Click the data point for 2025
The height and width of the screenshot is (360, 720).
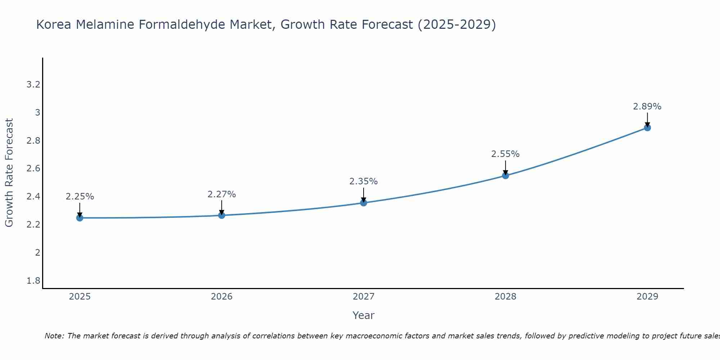pyautogui.click(x=80, y=218)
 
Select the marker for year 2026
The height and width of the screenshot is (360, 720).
pyautogui.click(x=222, y=215)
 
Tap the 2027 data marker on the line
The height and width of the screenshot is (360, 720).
pyautogui.click(x=364, y=203)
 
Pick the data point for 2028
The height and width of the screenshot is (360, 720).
pyautogui.click(x=505, y=175)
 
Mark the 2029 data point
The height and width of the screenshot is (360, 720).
pyautogui.click(x=647, y=127)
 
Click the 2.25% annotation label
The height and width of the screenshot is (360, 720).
pyautogui.click(x=80, y=197)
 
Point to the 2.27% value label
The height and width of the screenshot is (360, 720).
pyautogui.click(x=222, y=194)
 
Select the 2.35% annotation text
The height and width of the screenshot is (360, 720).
pyautogui.click(x=364, y=181)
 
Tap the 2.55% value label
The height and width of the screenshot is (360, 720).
pyautogui.click(x=505, y=154)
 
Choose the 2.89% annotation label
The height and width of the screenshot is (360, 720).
pyautogui.click(x=647, y=107)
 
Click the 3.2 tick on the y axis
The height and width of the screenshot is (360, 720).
pyautogui.click(x=33, y=85)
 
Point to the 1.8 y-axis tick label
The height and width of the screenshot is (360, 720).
pyautogui.click(x=33, y=280)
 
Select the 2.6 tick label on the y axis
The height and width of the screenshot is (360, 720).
pyautogui.click(x=33, y=168)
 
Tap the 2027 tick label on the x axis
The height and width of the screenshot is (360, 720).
pyautogui.click(x=364, y=297)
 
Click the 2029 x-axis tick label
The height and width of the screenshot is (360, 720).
pyautogui.click(x=647, y=297)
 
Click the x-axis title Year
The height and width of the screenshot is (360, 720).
pyautogui.click(x=364, y=315)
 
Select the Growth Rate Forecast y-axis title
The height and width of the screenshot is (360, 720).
pyautogui.click(x=9, y=173)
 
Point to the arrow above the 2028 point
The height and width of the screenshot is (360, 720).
pyautogui.click(x=505, y=167)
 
